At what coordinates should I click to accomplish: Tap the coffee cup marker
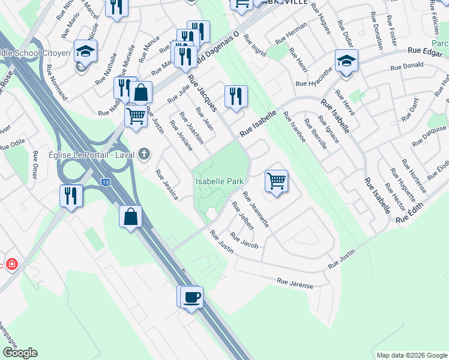pos(192,297)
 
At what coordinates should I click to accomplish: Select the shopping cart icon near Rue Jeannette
pos(276,181)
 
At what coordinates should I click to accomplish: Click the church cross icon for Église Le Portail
pos(143,154)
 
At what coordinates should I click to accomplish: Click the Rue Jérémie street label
pos(295,283)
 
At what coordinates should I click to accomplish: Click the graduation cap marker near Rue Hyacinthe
pos(346,61)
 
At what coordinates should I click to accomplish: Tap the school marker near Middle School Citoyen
pos(85,52)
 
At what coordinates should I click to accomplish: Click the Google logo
pos(20,352)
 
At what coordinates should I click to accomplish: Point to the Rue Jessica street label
pos(166,184)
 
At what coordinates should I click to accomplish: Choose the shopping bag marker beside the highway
pos(131,217)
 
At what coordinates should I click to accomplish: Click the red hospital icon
pos(12,265)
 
